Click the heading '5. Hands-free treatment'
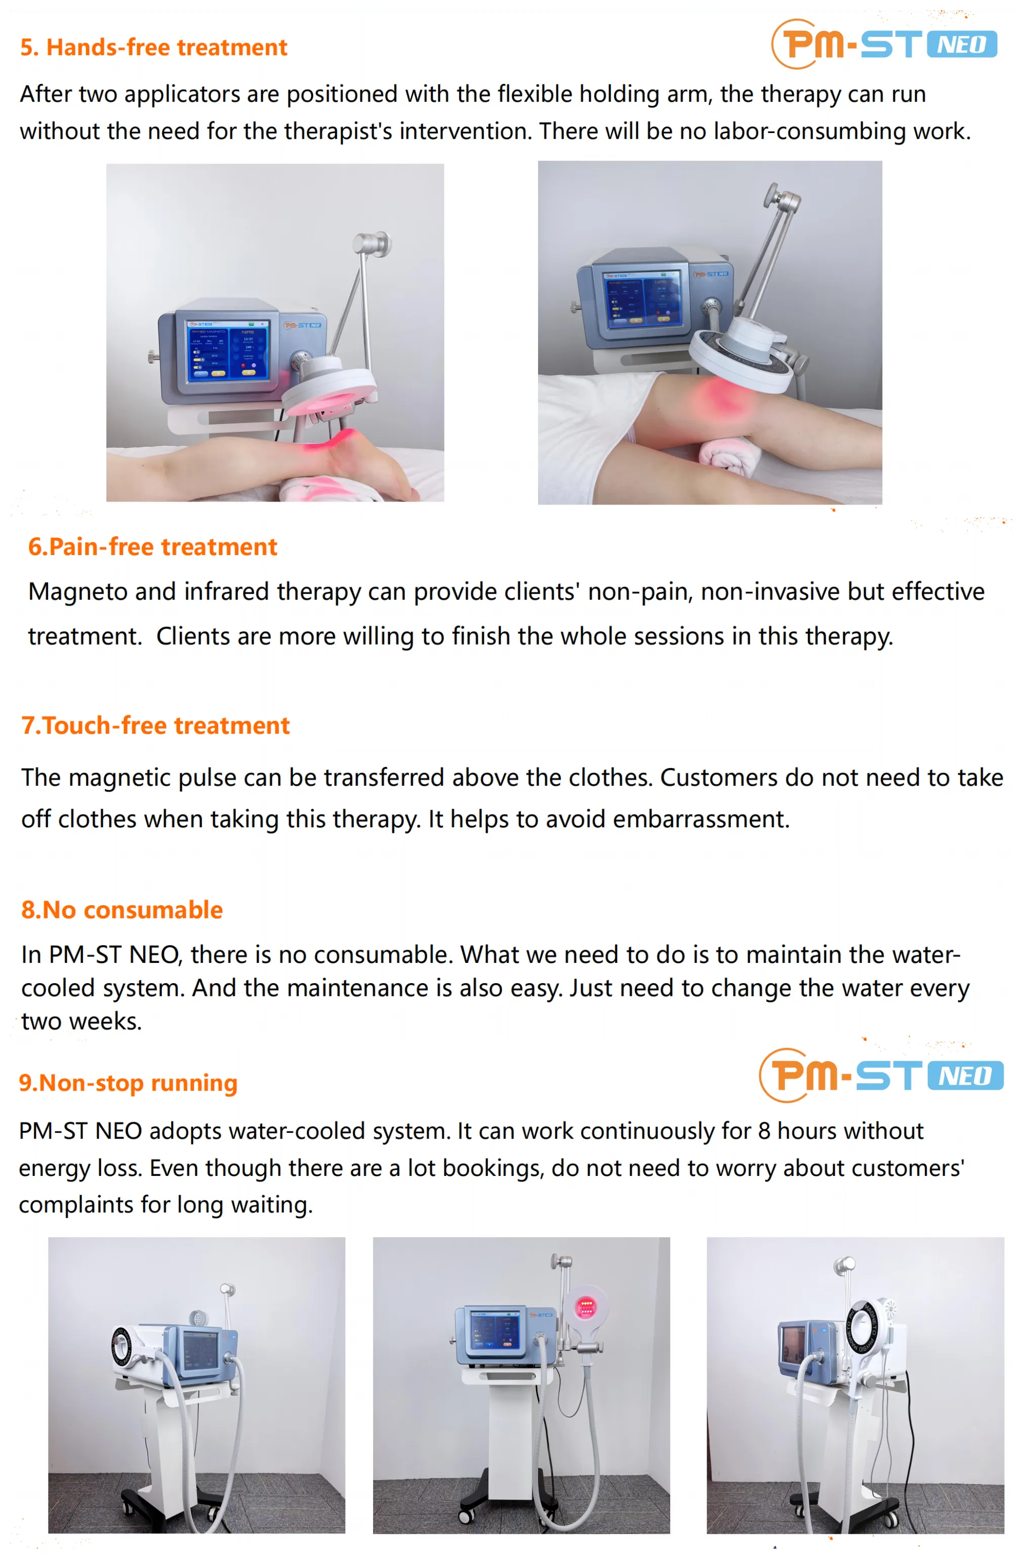click(x=153, y=47)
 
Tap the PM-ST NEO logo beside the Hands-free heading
click(x=884, y=44)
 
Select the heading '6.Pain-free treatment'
click(x=153, y=547)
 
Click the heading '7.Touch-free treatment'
click(x=155, y=726)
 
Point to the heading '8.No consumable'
click(x=122, y=910)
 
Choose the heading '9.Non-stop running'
click(x=128, y=1083)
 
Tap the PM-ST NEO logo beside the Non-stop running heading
click(x=881, y=1075)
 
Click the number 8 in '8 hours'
click(x=764, y=1131)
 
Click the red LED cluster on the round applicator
click(x=585, y=1308)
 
